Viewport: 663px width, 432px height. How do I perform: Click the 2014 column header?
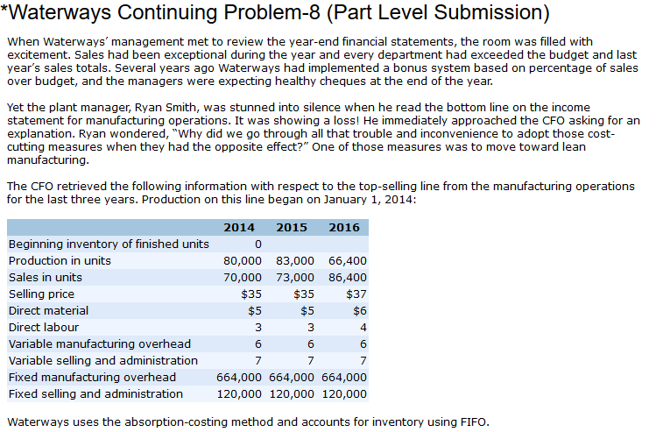click(239, 227)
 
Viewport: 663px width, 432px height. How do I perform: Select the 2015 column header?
click(292, 227)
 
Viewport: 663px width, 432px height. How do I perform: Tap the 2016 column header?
click(343, 227)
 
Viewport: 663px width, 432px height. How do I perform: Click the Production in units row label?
click(60, 261)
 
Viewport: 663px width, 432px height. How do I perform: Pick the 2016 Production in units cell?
click(348, 261)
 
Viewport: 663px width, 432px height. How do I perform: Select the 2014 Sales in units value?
click(243, 278)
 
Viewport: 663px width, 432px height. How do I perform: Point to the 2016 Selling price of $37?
click(356, 294)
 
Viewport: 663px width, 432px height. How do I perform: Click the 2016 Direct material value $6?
click(359, 311)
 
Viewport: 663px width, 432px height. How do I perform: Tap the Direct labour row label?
click(44, 328)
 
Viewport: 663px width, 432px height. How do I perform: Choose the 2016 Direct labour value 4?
click(363, 328)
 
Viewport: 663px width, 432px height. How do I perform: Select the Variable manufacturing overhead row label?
click(99, 344)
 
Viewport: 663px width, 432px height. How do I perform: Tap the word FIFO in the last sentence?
click(470, 421)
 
